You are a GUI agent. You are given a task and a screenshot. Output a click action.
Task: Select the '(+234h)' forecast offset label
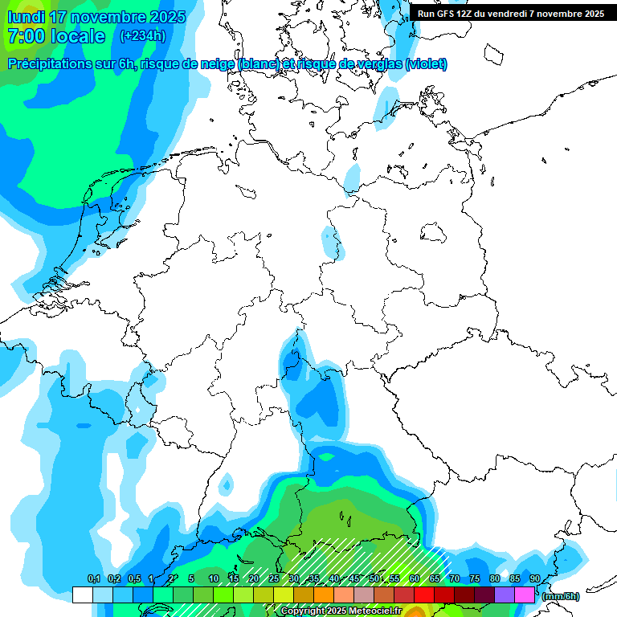tap(142, 35)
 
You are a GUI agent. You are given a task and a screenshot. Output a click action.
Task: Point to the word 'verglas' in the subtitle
tap(377, 64)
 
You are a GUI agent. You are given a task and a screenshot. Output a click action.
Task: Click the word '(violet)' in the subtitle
tap(427, 64)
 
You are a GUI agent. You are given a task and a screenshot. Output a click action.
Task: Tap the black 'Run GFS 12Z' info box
tap(510, 14)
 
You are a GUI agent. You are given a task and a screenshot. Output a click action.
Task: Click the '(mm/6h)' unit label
tap(560, 596)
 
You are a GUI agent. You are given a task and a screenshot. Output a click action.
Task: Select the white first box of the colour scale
tap(82, 595)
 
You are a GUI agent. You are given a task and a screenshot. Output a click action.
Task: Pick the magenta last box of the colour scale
tap(525, 595)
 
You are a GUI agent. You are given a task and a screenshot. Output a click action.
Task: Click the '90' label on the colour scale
tap(534, 579)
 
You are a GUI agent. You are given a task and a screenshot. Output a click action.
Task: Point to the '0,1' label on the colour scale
tap(93, 579)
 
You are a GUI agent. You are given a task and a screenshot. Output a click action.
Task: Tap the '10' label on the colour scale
tap(214, 579)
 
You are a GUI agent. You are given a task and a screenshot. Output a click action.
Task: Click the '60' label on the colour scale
tap(415, 579)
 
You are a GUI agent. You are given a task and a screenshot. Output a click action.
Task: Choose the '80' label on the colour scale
tap(495, 579)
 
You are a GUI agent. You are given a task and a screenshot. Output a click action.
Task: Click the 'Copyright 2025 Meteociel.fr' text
tap(341, 611)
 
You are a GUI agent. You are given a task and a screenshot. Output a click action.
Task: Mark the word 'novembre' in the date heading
tap(106, 17)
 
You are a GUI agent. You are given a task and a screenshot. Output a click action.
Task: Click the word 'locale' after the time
tap(77, 36)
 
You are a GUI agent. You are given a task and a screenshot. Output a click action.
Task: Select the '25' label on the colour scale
tap(274, 579)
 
